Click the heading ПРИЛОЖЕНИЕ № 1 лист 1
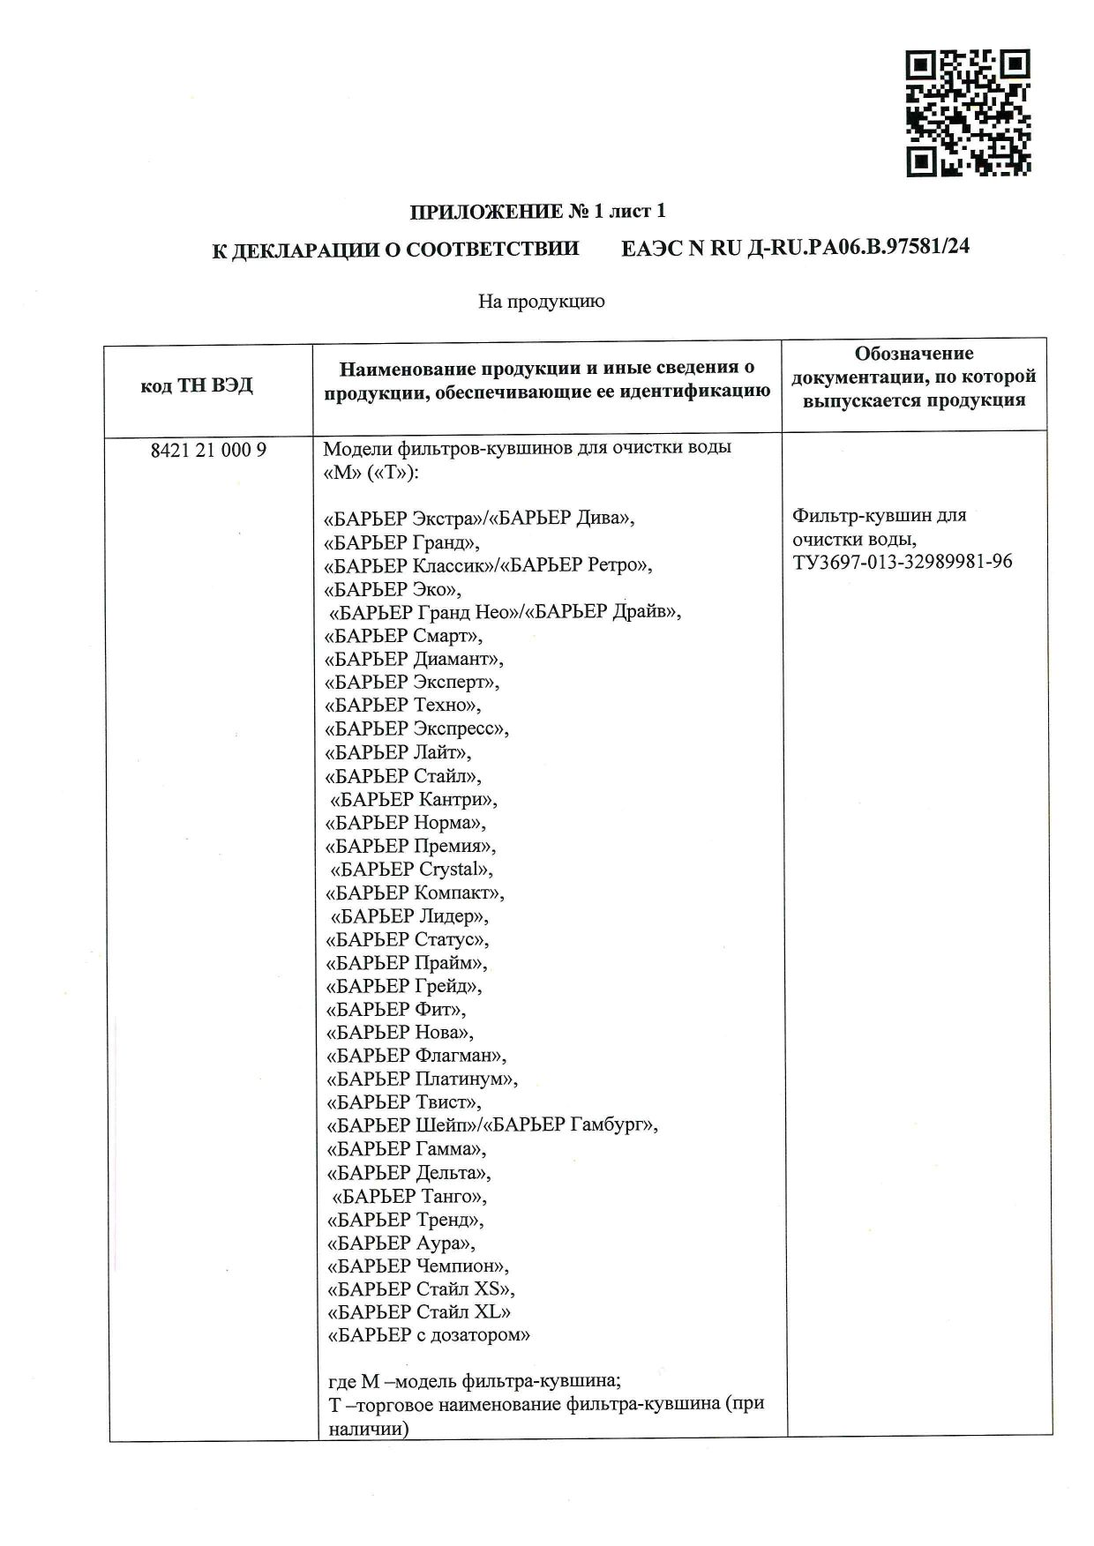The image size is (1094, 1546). (x=537, y=212)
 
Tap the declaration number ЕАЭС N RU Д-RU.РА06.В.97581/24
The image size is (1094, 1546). (x=795, y=248)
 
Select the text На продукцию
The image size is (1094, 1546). (x=541, y=302)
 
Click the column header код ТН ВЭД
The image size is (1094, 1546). (x=197, y=385)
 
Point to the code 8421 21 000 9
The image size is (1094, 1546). (x=209, y=450)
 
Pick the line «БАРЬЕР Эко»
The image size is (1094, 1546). (x=393, y=588)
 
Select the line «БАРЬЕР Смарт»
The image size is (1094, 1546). (x=404, y=635)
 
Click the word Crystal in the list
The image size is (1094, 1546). (x=450, y=869)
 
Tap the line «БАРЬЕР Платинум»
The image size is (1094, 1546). (x=422, y=1079)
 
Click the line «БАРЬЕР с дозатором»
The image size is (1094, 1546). (x=429, y=1335)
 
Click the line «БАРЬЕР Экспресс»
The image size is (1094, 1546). (x=417, y=728)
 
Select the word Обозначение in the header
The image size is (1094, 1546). (x=914, y=354)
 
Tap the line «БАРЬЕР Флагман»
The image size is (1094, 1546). (x=416, y=1055)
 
